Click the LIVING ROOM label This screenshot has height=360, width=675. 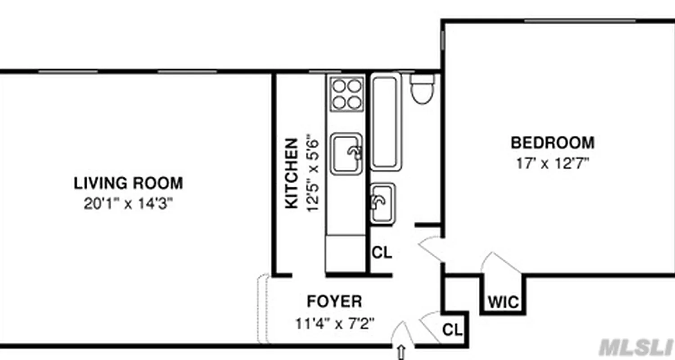pos(128,184)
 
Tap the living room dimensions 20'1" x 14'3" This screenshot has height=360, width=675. pos(128,204)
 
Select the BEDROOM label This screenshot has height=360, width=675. pos(552,143)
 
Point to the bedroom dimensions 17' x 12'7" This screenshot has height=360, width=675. pos(552,163)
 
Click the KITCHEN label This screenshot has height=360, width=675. pos(292,173)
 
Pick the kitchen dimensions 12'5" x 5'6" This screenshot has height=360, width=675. pos(312,173)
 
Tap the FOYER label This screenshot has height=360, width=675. pos(334,301)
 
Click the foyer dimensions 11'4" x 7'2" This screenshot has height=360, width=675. pos(334,323)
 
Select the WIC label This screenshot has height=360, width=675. pos(504,302)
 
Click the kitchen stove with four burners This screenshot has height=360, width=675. pos(346,94)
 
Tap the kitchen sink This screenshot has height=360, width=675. pos(346,153)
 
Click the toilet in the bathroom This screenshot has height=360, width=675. pos(422,89)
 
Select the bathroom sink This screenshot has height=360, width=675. pos(382,203)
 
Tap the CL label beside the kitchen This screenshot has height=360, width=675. pos(382,253)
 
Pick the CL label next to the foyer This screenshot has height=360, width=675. pos(453,330)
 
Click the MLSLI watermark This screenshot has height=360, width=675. pos(635,347)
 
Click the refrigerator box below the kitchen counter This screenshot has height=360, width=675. pos(345,253)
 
